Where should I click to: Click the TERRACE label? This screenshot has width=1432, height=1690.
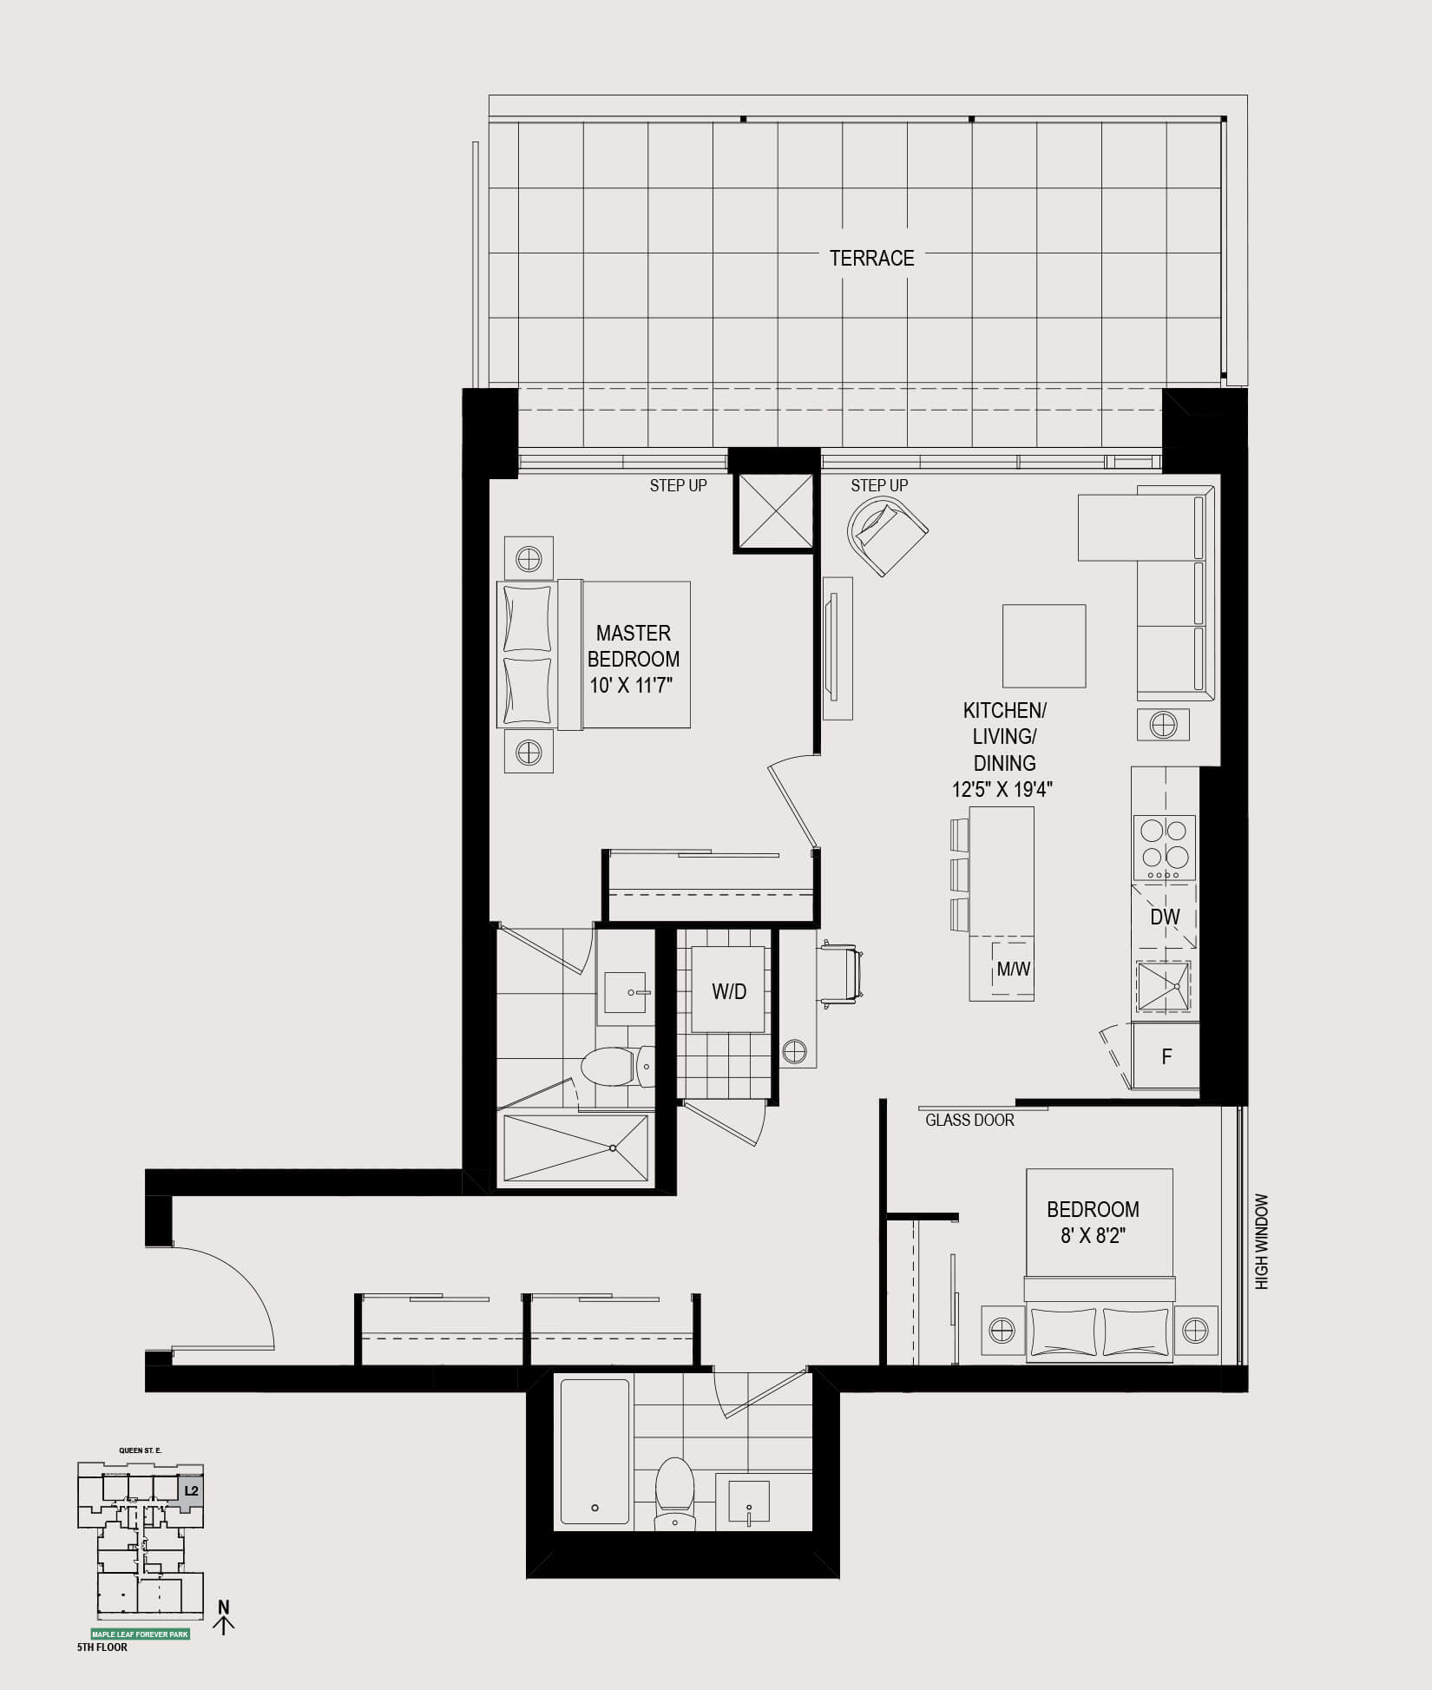point(871,258)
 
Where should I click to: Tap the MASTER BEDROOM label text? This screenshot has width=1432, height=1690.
point(634,646)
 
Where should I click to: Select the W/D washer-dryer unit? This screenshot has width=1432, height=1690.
point(728,990)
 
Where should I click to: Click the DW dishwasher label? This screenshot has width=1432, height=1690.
point(1165,916)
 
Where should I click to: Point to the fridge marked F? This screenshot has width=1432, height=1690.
point(1166,1055)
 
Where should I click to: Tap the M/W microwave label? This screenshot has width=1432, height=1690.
point(1013,969)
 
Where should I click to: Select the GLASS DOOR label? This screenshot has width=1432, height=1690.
point(969,1120)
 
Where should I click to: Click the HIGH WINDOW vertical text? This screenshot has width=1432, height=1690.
point(1261,1241)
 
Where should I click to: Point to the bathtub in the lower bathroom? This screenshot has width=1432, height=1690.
point(594,1451)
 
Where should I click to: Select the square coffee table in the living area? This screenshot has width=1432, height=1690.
point(1044,646)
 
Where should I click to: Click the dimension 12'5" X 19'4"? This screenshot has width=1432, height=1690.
point(1002,790)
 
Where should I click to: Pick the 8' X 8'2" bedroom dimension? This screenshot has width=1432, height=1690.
point(1093,1235)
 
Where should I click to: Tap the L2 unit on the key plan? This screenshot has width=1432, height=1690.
point(192,1490)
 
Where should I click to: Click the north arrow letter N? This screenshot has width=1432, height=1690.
point(224,1607)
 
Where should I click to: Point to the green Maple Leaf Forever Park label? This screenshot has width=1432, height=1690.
point(141,1634)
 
